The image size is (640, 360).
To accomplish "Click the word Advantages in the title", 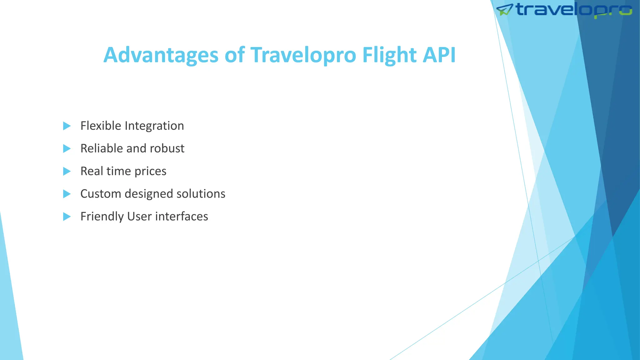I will coord(161,55).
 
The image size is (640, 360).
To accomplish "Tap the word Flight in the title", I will coord(389,55).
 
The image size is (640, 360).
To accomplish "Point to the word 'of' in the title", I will coord(234,55).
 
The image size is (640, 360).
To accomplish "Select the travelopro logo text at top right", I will coord(574,9).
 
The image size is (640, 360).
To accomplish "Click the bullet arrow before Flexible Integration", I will coord(67,126).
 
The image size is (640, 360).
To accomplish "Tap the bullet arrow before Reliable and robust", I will coord(67,148).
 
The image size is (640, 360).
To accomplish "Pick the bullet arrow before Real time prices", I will coord(67,171).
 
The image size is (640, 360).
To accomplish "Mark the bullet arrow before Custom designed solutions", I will coord(67,194).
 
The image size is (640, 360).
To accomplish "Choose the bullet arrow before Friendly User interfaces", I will coord(67,217).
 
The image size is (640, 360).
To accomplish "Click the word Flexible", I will coord(101,126).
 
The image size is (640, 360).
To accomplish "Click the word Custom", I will coord(101,194).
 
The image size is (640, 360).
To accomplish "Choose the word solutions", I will coord(201,194).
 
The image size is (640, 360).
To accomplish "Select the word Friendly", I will coord(102,217).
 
